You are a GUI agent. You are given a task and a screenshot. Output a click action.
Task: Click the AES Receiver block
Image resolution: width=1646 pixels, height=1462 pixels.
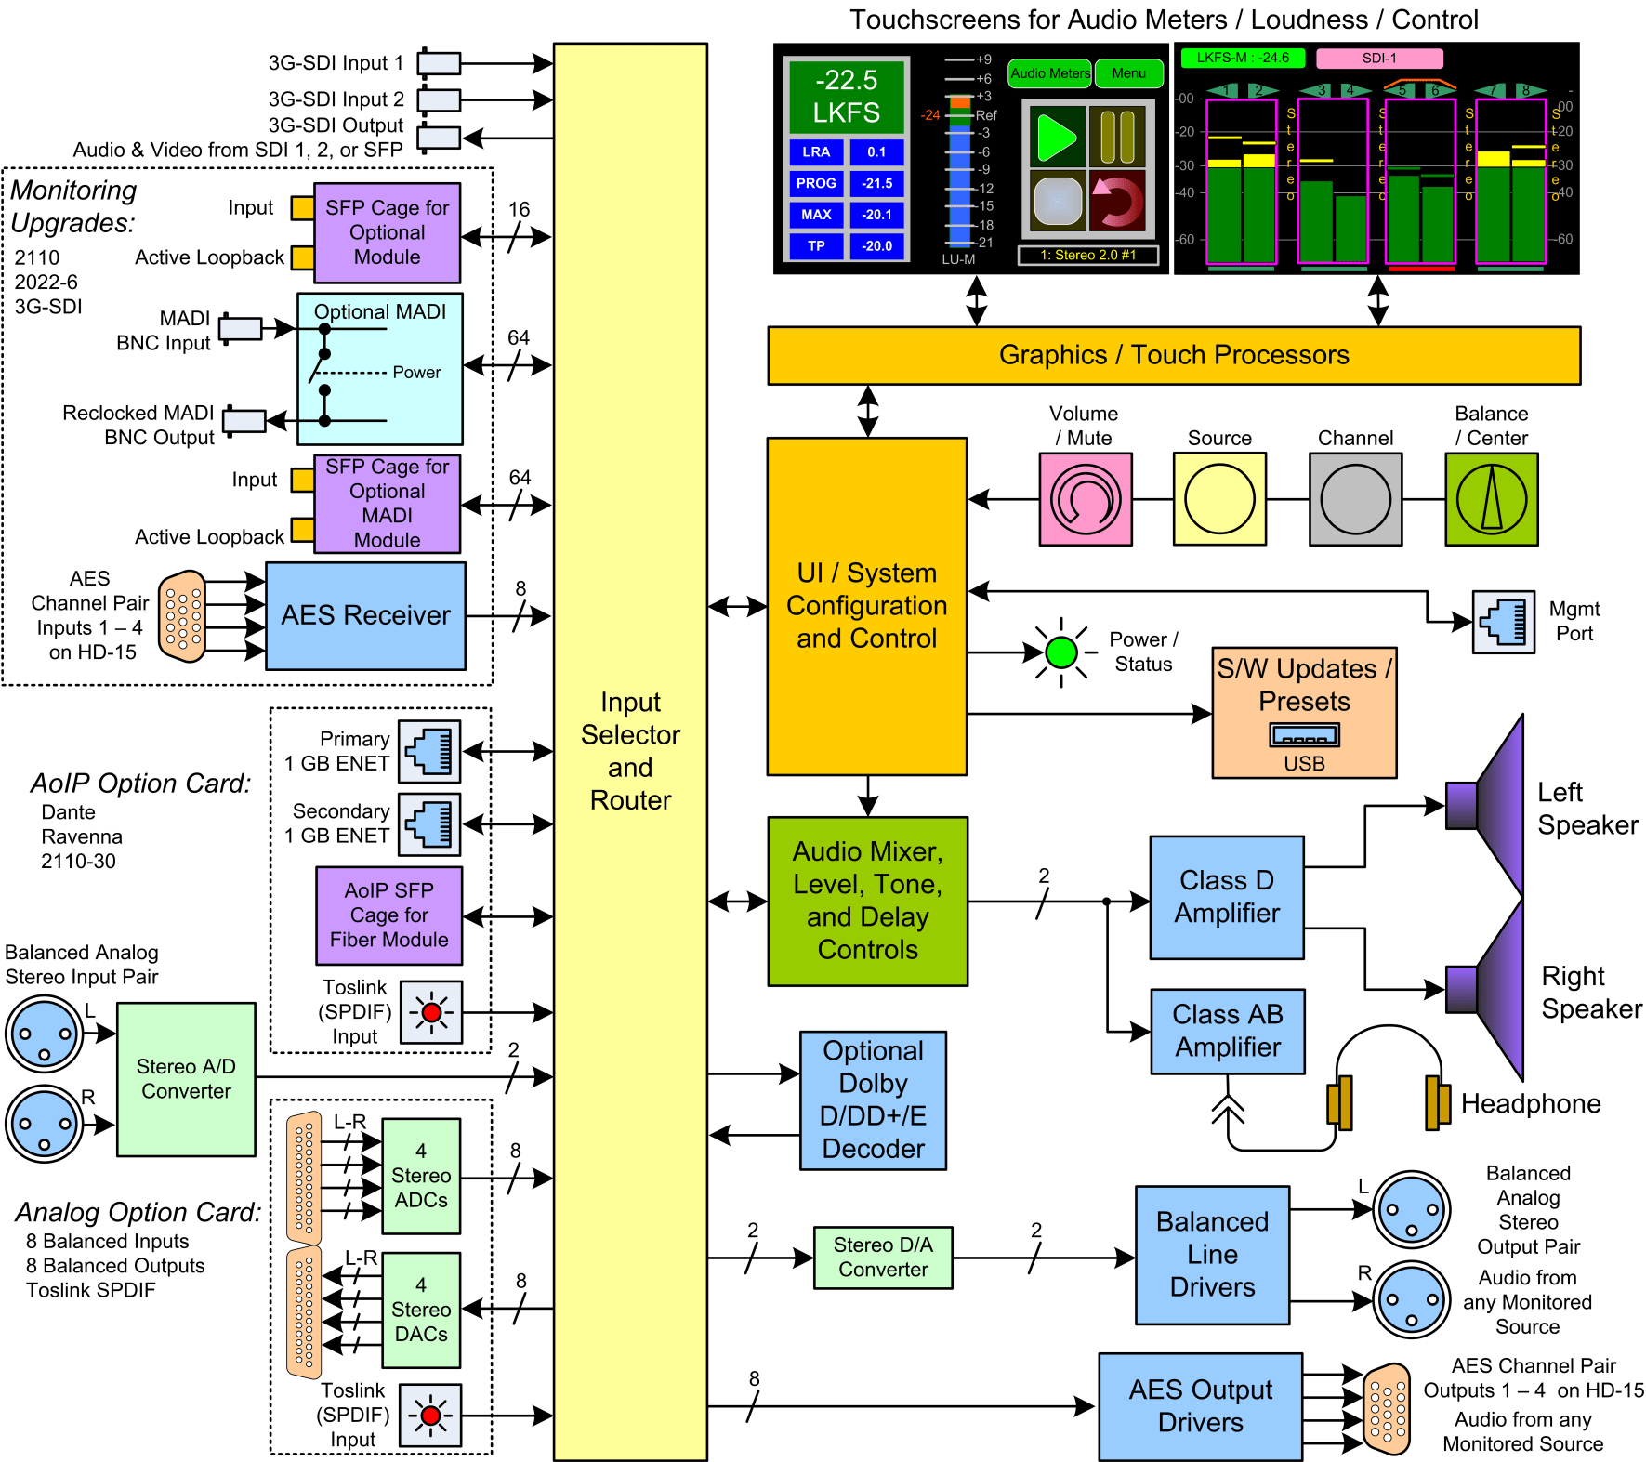(365, 615)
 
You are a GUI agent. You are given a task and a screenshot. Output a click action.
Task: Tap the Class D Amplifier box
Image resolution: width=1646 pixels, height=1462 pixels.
(1226, 897)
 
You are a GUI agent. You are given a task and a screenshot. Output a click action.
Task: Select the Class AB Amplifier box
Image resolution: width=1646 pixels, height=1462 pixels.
(1227, 1031)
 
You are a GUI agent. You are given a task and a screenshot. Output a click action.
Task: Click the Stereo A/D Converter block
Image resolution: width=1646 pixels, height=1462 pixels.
(186, 1079)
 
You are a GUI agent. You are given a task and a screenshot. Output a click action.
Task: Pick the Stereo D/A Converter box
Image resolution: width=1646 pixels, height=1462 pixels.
(882, 1258)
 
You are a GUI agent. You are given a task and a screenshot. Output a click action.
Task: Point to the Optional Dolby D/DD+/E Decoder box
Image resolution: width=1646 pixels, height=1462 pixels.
(873, 1100)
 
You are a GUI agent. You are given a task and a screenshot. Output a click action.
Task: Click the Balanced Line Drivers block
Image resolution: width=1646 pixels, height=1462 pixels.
(1212, 1255)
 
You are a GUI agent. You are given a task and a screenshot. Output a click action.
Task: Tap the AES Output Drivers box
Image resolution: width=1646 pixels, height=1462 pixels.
(1200, 1406)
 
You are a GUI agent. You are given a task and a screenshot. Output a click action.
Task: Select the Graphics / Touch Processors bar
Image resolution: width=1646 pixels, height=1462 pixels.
(1173, 355)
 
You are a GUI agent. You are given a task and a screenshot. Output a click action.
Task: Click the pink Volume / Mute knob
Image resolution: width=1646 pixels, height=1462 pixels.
(1085, 499)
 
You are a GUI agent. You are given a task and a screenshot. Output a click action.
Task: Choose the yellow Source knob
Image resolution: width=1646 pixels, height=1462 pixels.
(1219, 499)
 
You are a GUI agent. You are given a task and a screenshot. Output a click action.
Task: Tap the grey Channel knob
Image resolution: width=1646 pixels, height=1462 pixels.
(1355, 499)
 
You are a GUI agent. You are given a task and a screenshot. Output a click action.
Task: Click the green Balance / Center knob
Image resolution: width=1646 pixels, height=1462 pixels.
(1491, 499)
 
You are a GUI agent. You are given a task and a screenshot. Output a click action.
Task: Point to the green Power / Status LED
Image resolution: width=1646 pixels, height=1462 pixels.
(1060, 652)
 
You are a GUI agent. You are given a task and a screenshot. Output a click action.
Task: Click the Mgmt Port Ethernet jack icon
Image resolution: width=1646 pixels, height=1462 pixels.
(1503, 622)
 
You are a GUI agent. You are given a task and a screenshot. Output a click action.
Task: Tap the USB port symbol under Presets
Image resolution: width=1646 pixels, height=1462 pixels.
(1304, 736)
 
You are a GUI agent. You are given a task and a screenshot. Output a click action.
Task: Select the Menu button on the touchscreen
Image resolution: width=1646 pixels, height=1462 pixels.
(1128, 73)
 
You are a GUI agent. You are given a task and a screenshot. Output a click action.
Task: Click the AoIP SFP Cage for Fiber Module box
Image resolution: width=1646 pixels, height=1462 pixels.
(388, 915)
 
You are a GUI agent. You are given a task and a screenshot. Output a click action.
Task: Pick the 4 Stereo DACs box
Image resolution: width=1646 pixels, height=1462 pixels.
(421, 1310)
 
